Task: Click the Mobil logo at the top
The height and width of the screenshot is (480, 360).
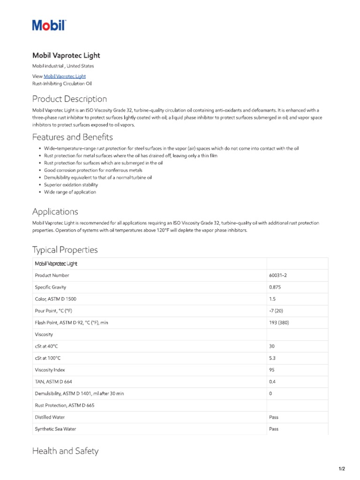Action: pyautogui.click(x=49, y=25)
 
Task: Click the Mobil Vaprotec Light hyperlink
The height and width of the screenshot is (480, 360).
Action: pyautogui.click(x=65, y=76)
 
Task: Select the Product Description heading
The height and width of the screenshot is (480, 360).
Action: pyautogui.click(x=69, y=99)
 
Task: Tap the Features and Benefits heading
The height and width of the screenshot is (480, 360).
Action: pyautogui.click(x=72, y=137)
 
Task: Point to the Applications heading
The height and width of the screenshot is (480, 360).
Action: pyautogui.click(x=55, y=211)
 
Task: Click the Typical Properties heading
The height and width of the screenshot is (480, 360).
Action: pyautogui.click(x=65, y=249)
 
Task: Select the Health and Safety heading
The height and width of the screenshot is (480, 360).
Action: pyautogui.click(x=65, y=451)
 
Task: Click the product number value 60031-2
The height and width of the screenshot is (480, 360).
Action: pyautogui.click(x=278, y=275)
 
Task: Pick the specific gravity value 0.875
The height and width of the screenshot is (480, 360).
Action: pyautogui.click(x=275, y=287)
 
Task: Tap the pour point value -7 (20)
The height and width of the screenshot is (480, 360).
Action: pyautogui.click(x=276, y=311)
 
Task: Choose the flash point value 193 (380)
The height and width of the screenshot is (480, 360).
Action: pyautogui.click(x=279, y=322)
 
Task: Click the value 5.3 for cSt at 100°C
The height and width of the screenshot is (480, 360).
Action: pyautogui.click(x=272, y=358)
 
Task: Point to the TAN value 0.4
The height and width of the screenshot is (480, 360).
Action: pyautogui.click(x=272, y=382)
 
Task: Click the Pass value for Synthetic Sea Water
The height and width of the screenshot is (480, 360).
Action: pyautogui.click(x=274, y=429)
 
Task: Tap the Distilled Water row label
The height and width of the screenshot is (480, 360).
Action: pyautogui.click(x=50, y=417)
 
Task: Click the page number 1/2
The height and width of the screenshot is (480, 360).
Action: pyautogui.click(x=342, y=469)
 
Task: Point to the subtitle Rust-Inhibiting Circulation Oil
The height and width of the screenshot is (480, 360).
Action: pyautogui.click(x=62, y=83)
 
